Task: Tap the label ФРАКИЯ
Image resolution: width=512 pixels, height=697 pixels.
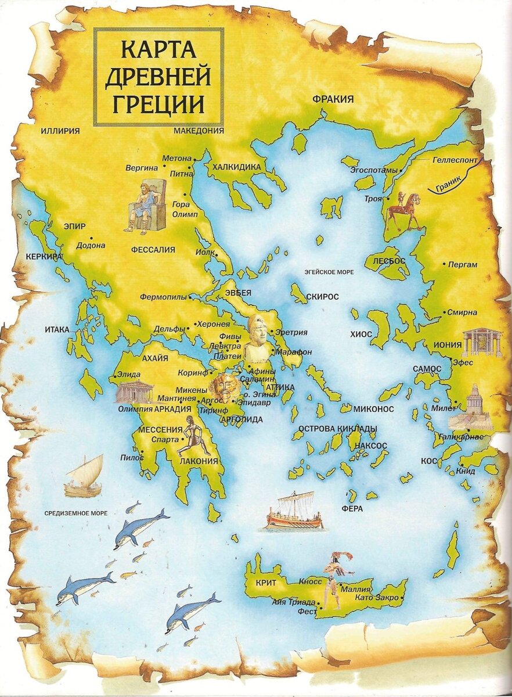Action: pyautogui.click(x=333, y=99)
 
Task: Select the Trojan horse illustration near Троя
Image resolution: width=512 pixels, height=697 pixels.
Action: pyautogui.click(x=404, y=211)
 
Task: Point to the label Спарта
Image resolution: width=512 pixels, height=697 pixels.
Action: pyautogui.click(x=164, y=440)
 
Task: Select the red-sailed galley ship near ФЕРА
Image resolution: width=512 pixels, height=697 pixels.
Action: pyautogui.click(x=294, y=511)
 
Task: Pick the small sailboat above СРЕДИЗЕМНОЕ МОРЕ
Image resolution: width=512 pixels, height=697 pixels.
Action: pyautogui.click(x=85, y=476)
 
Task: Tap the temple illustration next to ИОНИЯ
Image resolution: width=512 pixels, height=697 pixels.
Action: pyautogui.click(x=482, y=343)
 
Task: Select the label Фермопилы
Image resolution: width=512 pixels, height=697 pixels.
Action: pyautogui.click(x=163, y=297)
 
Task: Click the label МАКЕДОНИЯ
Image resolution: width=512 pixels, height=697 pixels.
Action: pyautogui.click(x=199, y=131)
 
